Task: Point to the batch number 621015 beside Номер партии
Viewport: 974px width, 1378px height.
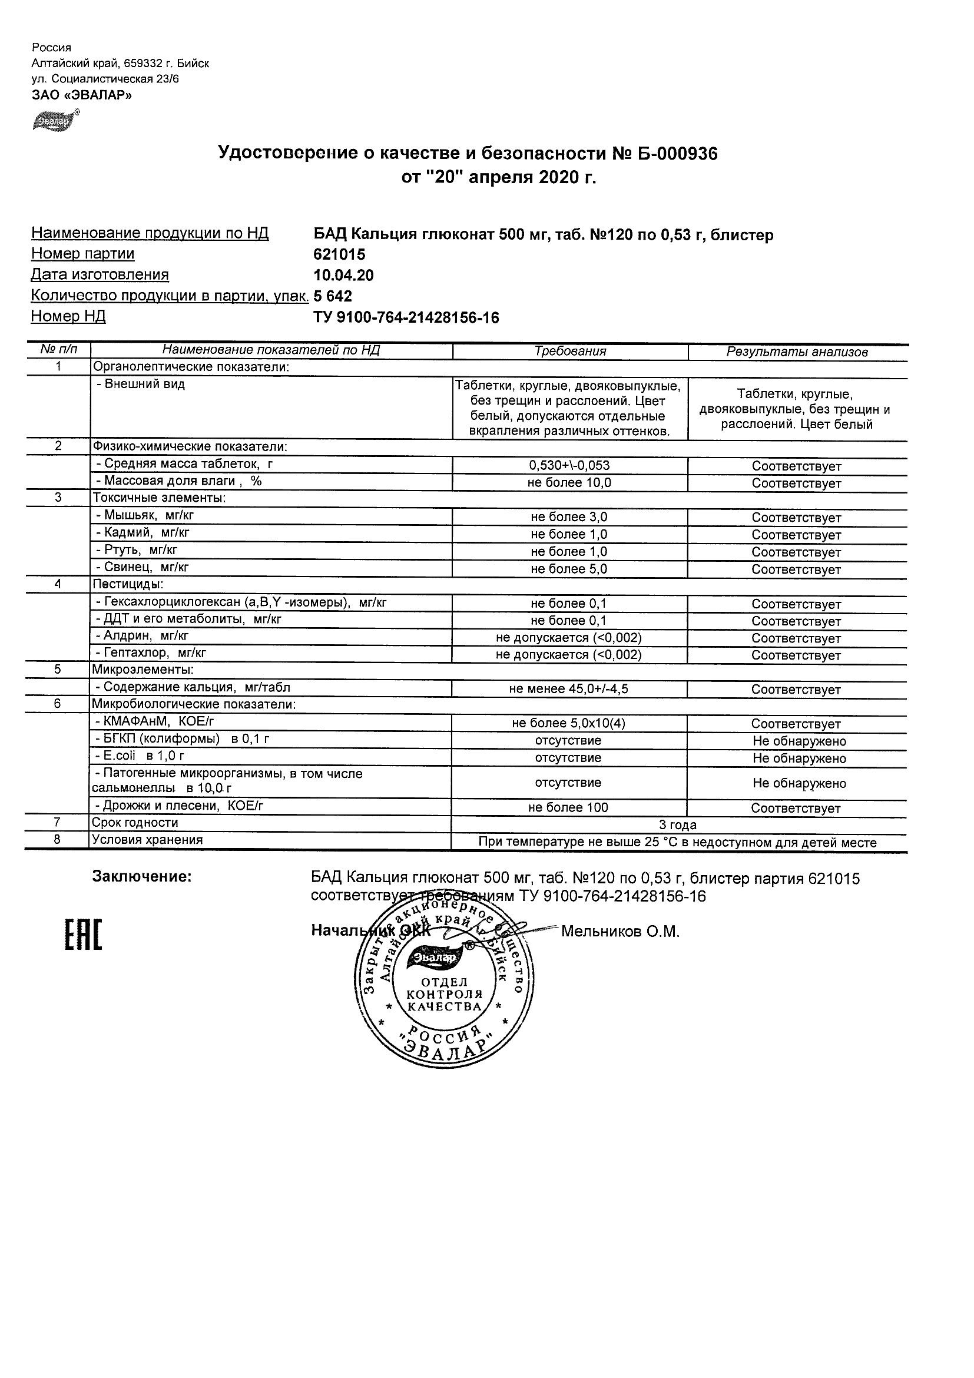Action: (339, 254)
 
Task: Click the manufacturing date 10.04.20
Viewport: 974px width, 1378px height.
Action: (343, 276)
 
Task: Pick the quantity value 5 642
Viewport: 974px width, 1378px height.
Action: (333, 296)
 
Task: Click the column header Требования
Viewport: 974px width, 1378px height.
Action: (569, 352)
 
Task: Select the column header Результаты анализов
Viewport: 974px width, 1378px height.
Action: (796, 352)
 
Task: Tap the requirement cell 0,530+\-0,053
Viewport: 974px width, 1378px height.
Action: (569, 465)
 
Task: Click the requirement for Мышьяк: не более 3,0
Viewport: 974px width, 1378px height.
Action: (569, 517)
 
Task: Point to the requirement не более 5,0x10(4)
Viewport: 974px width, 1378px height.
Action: (568, 723)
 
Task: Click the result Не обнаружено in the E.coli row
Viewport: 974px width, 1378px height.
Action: (799, 758)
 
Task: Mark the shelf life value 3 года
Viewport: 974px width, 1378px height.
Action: (678, 824)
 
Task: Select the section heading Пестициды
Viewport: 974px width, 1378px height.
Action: (128, 584)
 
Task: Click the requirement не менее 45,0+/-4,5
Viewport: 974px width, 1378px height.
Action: (568, 689)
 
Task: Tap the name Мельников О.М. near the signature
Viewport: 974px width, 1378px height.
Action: (620, 932)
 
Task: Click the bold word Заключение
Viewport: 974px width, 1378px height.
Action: (142, 877)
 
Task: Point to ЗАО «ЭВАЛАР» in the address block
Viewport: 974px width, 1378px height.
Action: (82, 95)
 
